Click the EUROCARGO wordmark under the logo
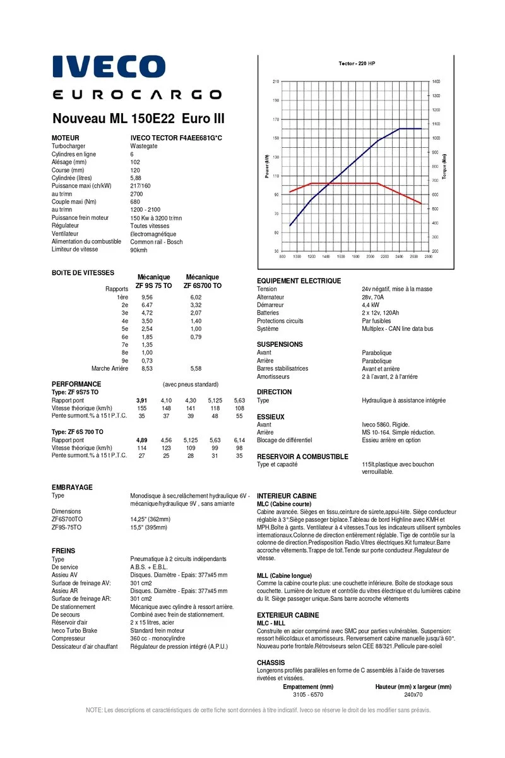tap(137, 95)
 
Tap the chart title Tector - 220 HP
tap(357, 64)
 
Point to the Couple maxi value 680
tap(135, 202)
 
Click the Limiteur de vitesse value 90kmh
tap(139, 250)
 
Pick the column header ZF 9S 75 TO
tap(153, 286)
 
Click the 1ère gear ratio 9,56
tap(147, 297)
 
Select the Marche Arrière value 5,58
tap(196, 368)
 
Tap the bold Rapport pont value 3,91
tap(142, 400)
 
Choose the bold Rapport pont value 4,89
tap(142, 440)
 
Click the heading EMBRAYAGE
tap(72, 488)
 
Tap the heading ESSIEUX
tap(271, 417)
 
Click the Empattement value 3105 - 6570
tap(308, 694)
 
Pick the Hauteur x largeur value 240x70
tap(413, 694)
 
